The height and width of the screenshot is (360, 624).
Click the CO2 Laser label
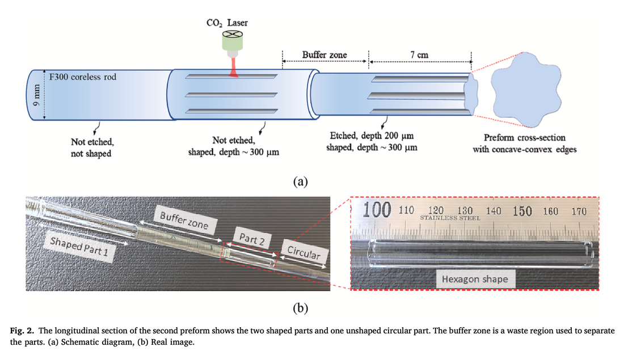(x=227, y=23)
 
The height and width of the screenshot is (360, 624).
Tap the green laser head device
(x=231, y=41)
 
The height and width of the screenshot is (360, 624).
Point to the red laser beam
(x=233, y=67)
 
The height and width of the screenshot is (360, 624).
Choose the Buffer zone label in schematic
(x=324, y=55)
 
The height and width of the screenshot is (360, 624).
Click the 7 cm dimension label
(x=419, y=55)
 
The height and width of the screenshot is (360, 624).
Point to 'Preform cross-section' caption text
(x=524, y=137)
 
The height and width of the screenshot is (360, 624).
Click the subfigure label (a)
(x=300, y=181)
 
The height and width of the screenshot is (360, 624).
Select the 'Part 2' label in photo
(x=252, y=239)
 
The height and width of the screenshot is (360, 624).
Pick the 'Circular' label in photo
(x=303, y=253)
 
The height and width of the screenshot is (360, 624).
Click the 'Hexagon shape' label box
(x=475, y=279)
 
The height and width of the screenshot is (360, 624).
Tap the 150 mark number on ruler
(x=522, y=211)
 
